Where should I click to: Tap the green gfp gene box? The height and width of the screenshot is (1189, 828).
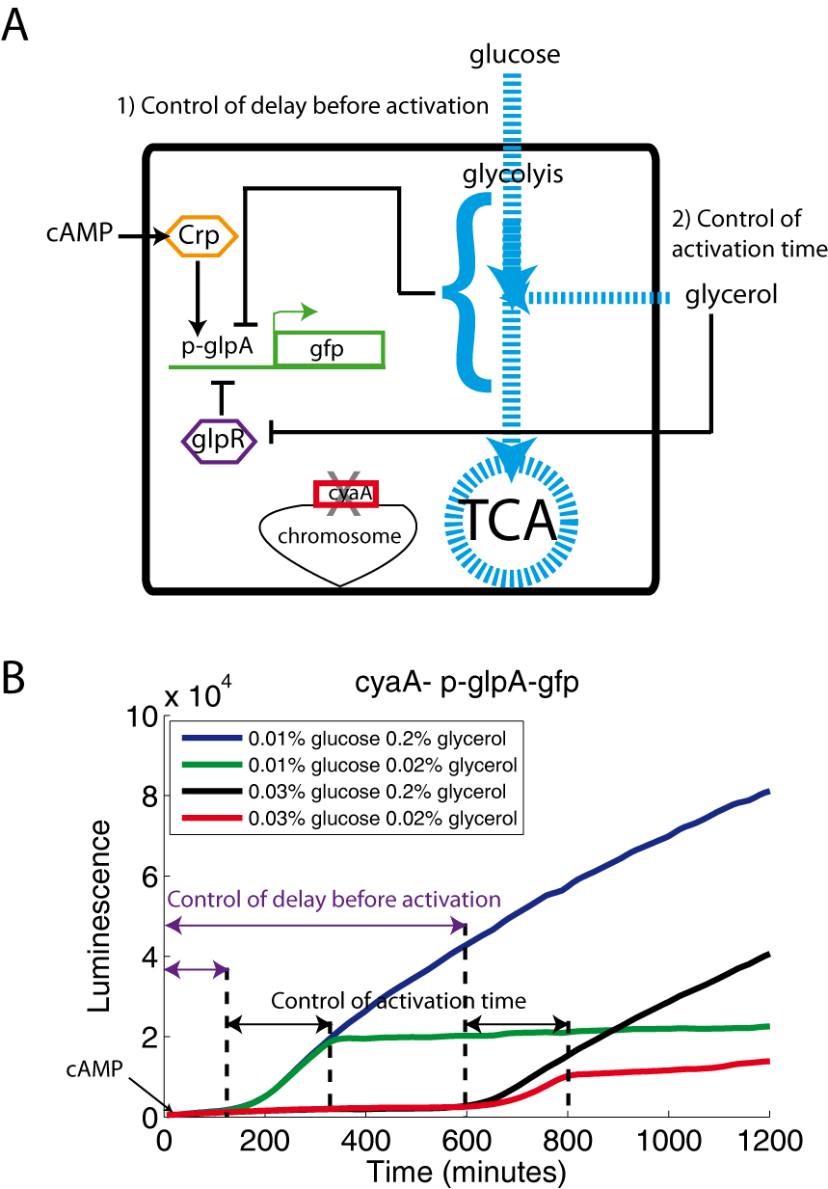330,348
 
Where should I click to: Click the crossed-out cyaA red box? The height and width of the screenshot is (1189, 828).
344,493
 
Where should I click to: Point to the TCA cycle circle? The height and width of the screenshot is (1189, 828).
510,521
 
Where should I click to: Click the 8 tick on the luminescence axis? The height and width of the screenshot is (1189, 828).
146,796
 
